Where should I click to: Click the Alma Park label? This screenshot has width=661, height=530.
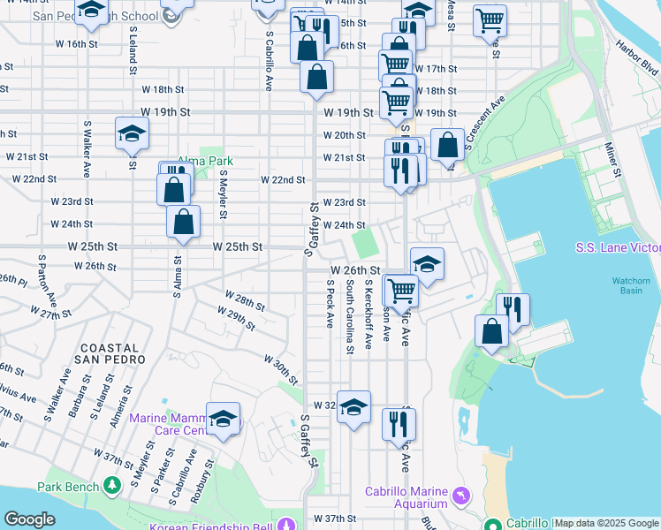206,162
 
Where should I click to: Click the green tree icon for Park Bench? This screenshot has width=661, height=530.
112,485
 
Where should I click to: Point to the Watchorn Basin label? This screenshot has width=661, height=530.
631,286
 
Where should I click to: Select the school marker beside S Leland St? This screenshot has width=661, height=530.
132,134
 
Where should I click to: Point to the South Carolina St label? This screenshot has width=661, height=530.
350,317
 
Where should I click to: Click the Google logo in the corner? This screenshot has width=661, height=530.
29,519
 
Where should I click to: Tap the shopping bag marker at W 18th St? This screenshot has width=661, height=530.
316,77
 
